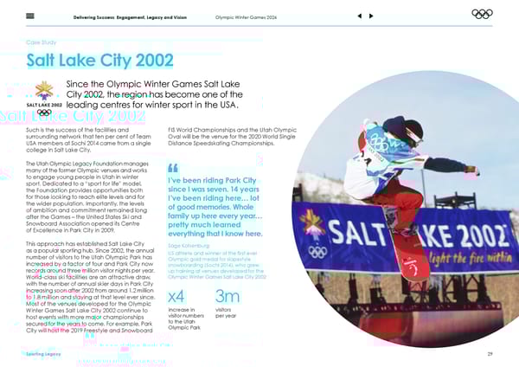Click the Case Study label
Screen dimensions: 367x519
42,41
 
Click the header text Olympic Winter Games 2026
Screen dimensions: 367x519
247,15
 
